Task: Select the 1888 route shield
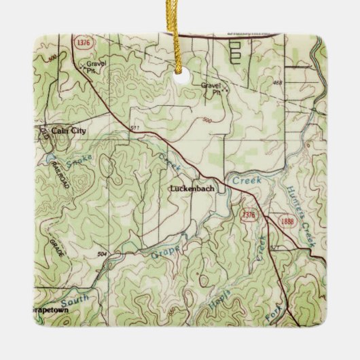[x=276, y=220]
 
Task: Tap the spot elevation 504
[x=103, y=253]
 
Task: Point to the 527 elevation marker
[x=274, y=249]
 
